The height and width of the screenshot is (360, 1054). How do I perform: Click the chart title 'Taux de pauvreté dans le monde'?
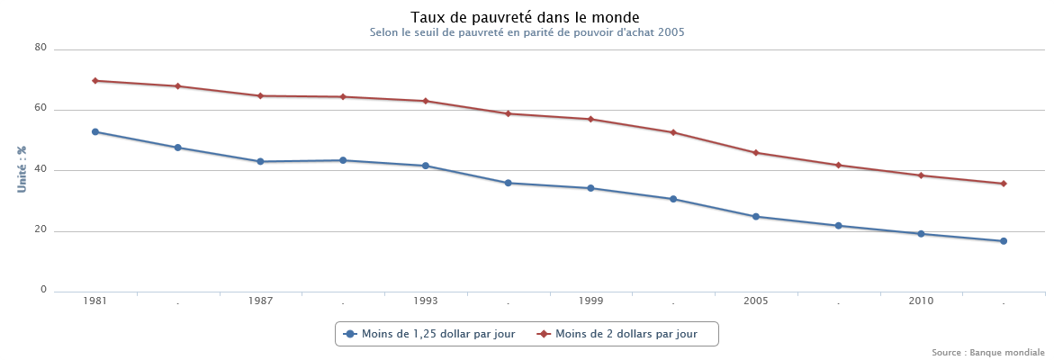click(x=526, y=17)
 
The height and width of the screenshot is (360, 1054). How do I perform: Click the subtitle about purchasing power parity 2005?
click(x=527, y=32)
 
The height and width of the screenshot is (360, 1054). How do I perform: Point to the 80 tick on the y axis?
click(x=41, y=49)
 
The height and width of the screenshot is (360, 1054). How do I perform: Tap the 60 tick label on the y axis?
click(x=41, y=109)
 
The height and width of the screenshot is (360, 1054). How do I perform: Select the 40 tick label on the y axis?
click(x=41, y=170)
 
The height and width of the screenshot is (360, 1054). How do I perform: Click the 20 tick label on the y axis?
click(x=41, y=230)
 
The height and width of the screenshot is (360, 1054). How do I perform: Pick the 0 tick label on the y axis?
click(x=43, y=291)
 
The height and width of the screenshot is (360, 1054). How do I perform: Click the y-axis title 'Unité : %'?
click(x=22, y=170)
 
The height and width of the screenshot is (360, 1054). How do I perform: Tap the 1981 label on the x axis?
click(x=95, y=301)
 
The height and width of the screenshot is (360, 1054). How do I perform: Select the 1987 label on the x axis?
click(x=260, y=301)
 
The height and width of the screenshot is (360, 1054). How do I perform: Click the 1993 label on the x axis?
click(x=426, y=301)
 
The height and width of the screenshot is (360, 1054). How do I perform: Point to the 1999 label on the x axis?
click(x=590, y=301)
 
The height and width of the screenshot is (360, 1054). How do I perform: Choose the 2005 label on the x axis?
click(x=756, y=301)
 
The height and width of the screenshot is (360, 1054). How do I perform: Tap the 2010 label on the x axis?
click(x=921, y=301)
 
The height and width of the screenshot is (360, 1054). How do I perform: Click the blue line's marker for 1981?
click(x=95, y=132)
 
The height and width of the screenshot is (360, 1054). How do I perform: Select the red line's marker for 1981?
click(x=95, y=81)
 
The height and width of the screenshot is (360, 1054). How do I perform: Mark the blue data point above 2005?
click(x=756, y=217)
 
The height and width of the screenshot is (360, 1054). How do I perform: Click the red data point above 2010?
click(x=921, y=175)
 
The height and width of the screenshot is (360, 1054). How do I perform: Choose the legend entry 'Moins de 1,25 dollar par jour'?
click(x=430, y=334)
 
